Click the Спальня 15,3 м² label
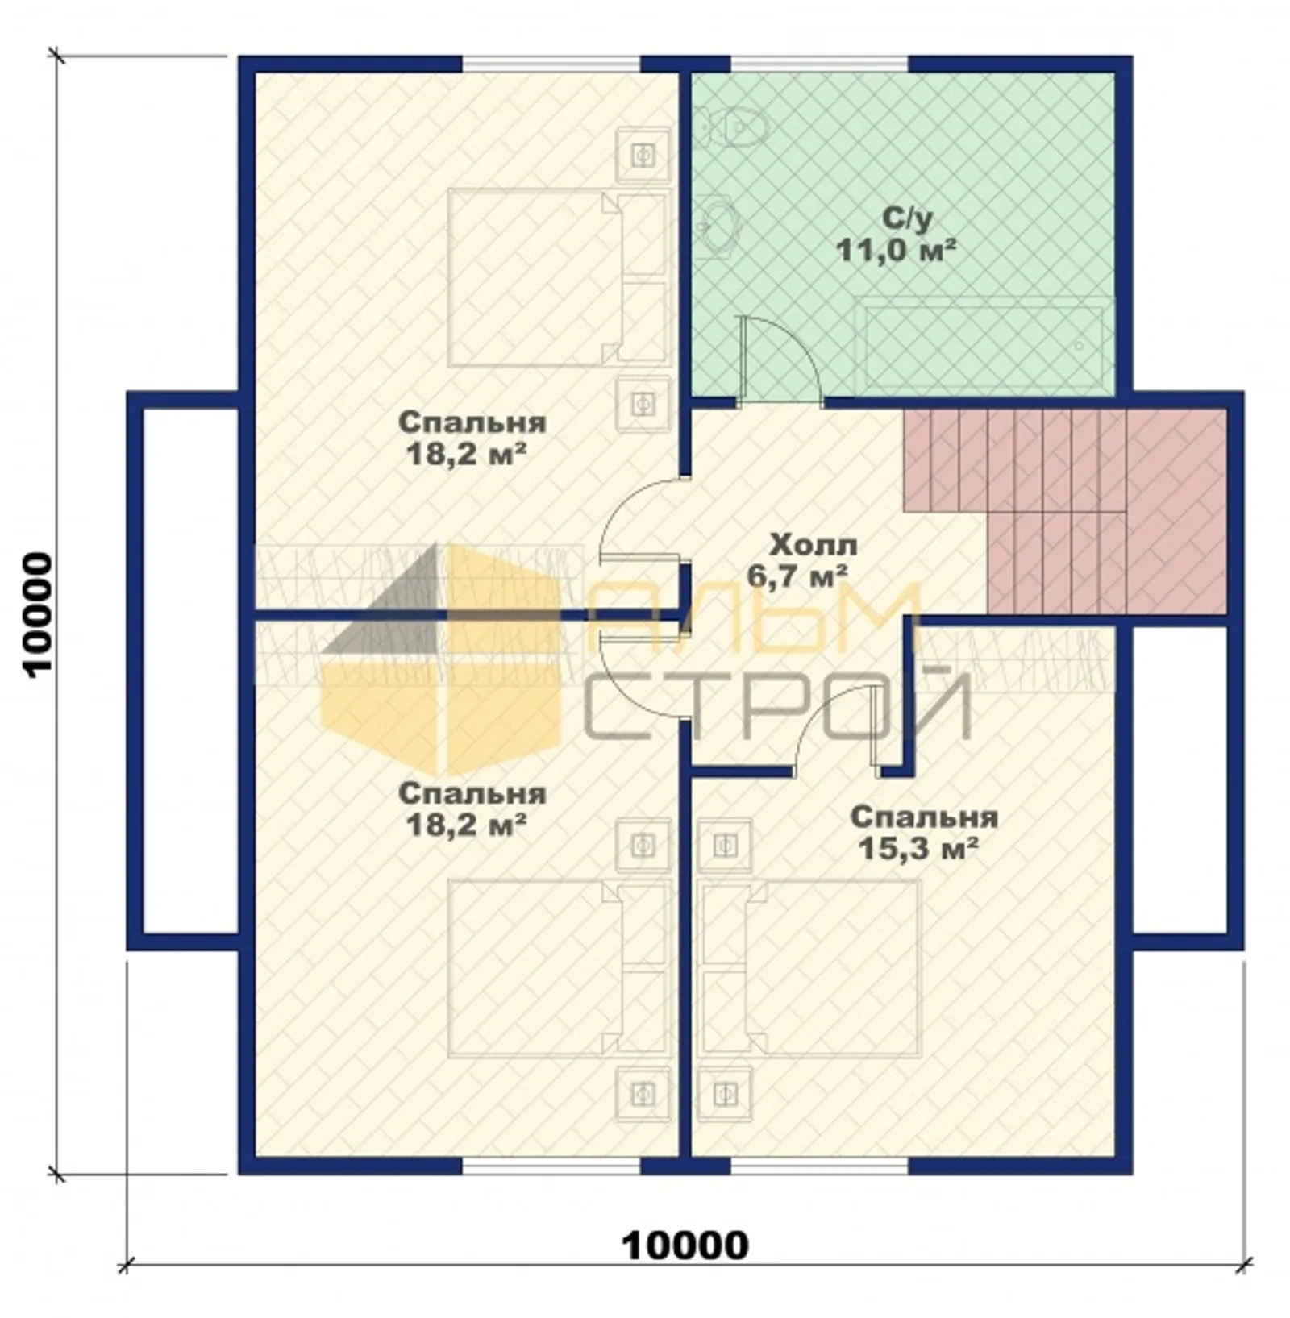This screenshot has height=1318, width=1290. (x=923, y=833)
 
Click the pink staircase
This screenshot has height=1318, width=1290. (x=1064, y=510)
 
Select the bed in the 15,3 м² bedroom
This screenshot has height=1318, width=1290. (x=810, y=967)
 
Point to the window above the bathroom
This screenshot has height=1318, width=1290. (x=819, y=64)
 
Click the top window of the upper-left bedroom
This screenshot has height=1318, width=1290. (x=551, y=64)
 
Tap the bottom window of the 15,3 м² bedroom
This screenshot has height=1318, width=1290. (x=819, y=1166)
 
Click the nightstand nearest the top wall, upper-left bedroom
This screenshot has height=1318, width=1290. (x=643, y=153)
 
